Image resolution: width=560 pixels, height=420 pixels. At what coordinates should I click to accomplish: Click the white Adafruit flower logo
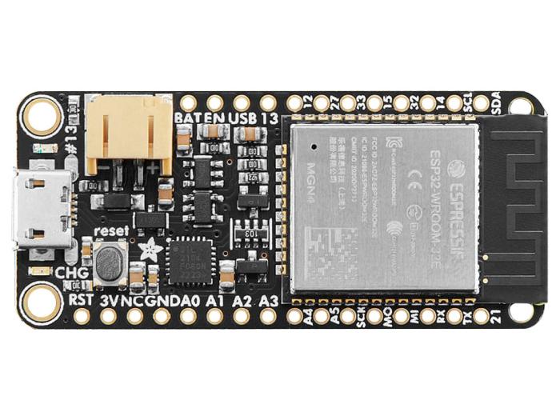150,250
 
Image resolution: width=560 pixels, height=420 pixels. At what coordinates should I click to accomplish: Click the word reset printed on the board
111,230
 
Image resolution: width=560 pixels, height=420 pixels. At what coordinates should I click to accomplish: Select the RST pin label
82,301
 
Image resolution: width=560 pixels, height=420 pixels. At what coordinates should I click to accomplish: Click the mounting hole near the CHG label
38,302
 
